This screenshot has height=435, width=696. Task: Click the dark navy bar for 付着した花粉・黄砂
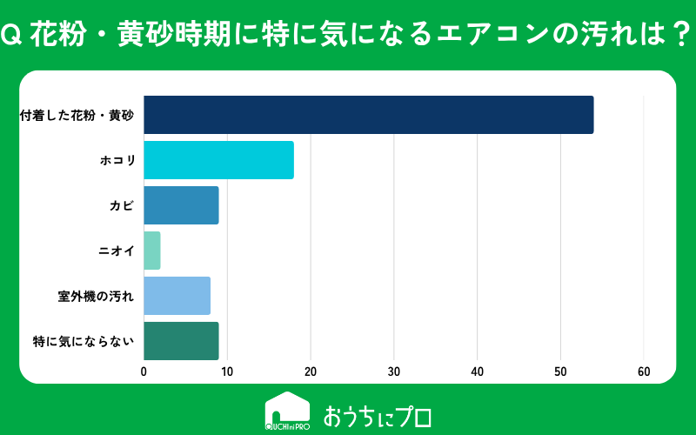click(368, 115)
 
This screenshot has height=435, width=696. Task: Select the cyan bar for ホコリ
click(219, 160)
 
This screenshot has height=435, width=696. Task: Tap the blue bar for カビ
click(181, 205)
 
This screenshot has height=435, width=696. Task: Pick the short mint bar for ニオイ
click(151, 251)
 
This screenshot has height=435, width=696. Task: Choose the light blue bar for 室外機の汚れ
click(177, 296)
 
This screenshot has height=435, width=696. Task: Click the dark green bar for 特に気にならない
click(181, 341)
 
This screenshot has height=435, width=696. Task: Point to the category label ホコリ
click(117, 160)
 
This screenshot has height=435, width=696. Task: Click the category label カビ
click(122, 205)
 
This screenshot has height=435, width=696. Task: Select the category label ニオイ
click(117, 251)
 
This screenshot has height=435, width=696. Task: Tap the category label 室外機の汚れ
click(96, 296)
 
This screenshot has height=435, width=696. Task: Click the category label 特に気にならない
click(84, 341)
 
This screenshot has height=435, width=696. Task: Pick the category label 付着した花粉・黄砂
click(77, 116)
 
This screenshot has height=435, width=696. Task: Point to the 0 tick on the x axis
click(144, 371)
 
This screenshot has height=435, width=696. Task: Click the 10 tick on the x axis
click(227, 371)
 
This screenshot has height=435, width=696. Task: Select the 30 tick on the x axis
click(394, 371)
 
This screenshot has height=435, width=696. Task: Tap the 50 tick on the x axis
click(560, 371)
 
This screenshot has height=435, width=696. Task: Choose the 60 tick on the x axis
click(644, 371)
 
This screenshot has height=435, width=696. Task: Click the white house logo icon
click(287, 411)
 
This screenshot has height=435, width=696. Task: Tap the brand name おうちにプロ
click(378, 417)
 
